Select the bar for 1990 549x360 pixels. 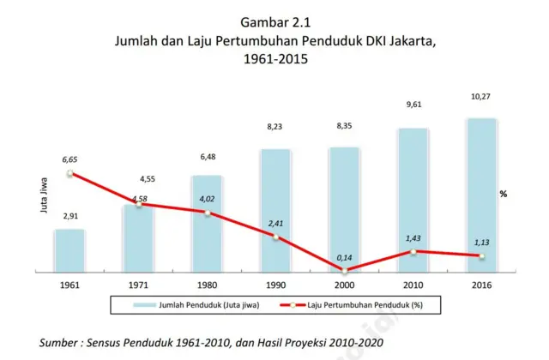click(x=275, y=210)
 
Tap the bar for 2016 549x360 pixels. click(x=481, y=195)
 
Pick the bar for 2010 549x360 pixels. click(x=413, y=200)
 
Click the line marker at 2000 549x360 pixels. click(x=344, y=270)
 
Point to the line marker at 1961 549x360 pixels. click(x=69, y=173)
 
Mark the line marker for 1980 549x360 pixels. click(x=207, y=213)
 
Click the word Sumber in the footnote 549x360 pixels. click(x=63, y=343)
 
